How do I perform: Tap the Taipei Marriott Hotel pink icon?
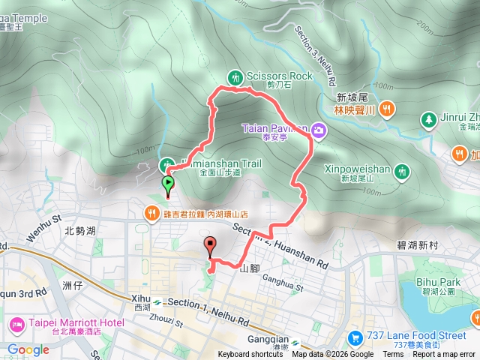(14, 324)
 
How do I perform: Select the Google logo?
(28, 349)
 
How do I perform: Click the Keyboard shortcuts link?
(250, 355)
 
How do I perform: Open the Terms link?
(393, 355)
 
